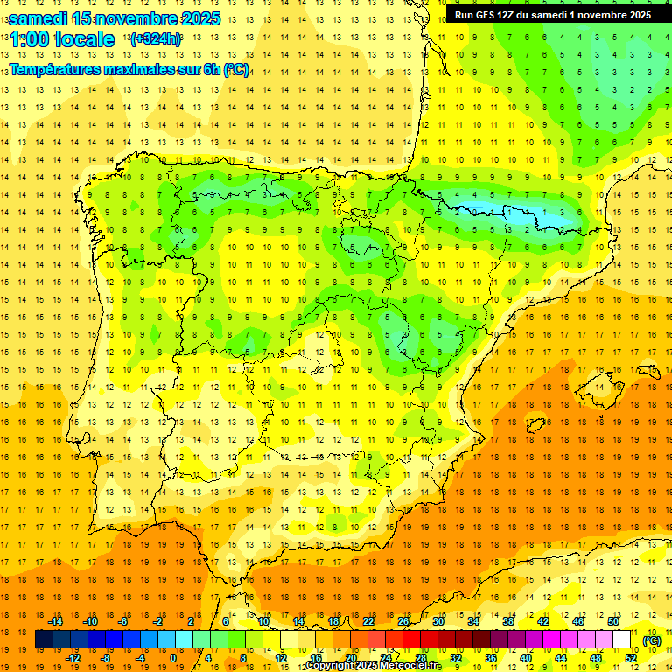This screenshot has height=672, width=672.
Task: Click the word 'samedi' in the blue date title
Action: coord(38,18)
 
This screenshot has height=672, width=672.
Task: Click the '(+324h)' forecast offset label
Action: coord(155,39)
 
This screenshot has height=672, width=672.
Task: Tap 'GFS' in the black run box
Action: coord(487,15)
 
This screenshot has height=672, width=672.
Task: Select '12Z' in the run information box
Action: coord(511,15)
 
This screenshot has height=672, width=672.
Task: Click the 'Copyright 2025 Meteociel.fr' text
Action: coord(373,666)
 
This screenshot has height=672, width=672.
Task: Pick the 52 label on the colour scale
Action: coord(631,658)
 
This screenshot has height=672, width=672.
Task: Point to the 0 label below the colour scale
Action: coord(173,658)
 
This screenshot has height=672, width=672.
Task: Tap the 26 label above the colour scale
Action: coord(403,621)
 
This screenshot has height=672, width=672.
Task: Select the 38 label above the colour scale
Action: coord(508,621)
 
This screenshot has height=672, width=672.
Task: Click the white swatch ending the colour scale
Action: coord(622,640)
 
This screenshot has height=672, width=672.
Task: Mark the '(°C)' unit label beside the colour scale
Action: coord(652,640)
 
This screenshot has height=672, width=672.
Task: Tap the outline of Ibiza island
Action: coord(535,425)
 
